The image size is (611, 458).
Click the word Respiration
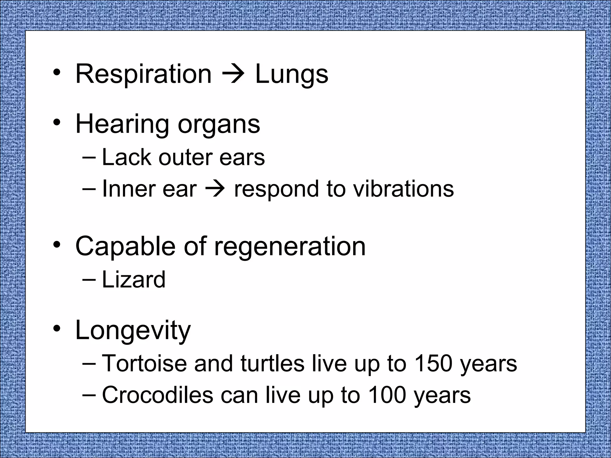coord(144,74)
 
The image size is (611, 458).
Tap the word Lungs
coord(291,74)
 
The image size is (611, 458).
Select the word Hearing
coord(123,125)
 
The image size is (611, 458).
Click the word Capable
coord(125,247)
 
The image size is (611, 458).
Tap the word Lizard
coord(134,280)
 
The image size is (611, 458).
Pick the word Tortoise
coord(144,364)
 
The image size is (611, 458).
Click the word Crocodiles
coord(158,395)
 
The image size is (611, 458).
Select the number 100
coord(387,395)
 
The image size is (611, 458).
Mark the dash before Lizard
coord(89,280)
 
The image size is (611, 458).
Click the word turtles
coord(272,364)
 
